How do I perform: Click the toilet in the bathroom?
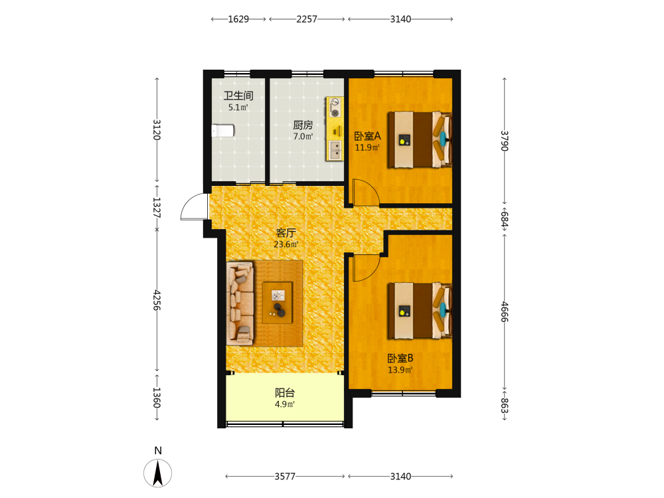[223, 130]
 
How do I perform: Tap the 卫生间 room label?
[238, 96]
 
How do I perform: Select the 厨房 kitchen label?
[303, 125]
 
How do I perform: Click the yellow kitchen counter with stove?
[335, 129]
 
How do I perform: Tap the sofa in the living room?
[240, 303]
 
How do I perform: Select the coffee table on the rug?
[278, 303]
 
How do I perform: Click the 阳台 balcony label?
[285, 392]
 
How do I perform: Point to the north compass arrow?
[158, 473]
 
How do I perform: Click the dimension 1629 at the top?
[238, 19]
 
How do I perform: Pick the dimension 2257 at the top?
[307, 19]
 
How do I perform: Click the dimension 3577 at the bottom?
[285, 476]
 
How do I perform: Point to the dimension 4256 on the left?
[157, 300]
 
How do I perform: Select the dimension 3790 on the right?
[505, 141]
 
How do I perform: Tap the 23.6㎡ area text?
[286, 244]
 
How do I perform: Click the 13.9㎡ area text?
[400, 370]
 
